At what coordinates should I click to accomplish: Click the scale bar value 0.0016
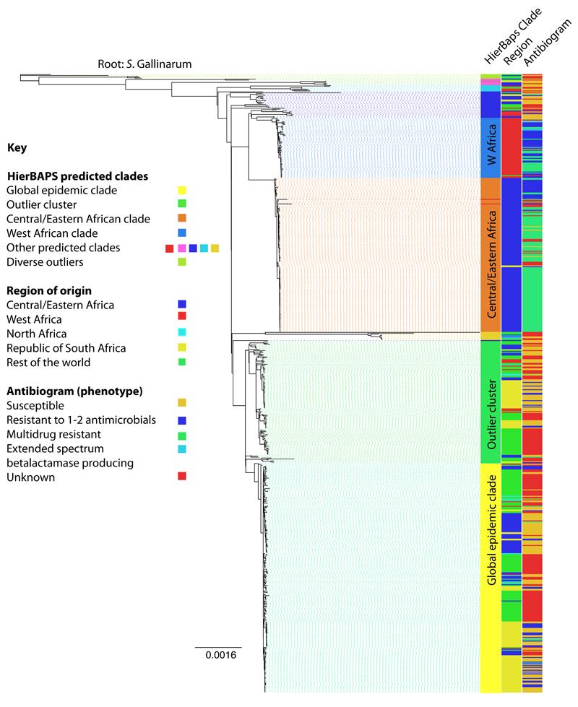click(217, 656)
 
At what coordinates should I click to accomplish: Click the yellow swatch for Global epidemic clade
click(183, 190)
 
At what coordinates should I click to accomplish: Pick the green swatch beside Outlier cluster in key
click(183, 204)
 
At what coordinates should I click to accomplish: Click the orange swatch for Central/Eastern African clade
click(183, 219)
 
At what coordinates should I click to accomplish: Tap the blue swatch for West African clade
click(183, 233)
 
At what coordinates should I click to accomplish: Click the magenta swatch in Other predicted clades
click(181, 248)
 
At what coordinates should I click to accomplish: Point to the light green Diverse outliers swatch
click(183, 262)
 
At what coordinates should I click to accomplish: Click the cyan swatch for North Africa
click(183, 334)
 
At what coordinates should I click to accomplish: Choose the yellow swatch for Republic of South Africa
click(183, 348)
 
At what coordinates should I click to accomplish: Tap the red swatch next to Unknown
click(183, 476)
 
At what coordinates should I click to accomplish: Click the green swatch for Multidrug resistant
click(183, 434)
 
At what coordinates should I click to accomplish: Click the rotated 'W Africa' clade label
click(491, 145)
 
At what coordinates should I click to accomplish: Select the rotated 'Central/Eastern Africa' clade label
click(491, 263)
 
